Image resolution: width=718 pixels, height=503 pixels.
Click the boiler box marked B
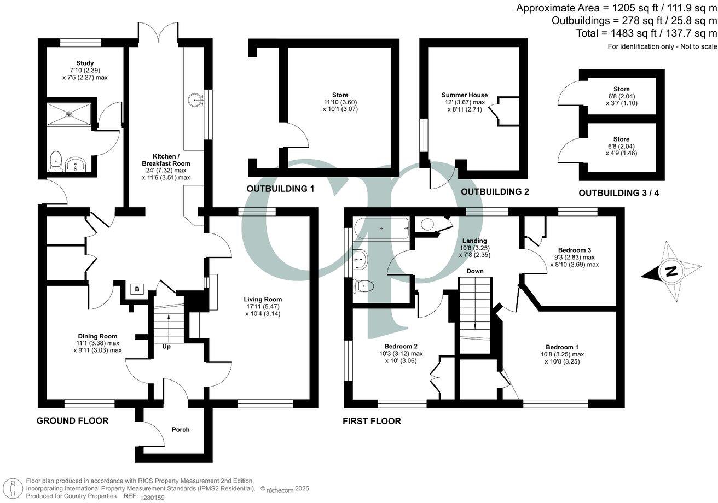136,290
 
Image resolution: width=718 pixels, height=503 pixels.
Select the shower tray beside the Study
69,114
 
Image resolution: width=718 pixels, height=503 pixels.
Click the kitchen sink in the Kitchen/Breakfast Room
195,100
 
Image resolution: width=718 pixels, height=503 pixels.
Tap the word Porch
181,430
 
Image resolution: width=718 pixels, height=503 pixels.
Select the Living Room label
263,299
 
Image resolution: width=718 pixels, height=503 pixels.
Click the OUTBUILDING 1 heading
280,189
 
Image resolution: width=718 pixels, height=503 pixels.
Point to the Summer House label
465,95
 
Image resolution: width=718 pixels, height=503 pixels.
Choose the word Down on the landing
474,271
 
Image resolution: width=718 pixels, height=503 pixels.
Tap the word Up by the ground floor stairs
166,347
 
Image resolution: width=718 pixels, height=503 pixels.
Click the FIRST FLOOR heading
372,421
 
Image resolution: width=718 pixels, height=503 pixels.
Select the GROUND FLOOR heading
72,420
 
